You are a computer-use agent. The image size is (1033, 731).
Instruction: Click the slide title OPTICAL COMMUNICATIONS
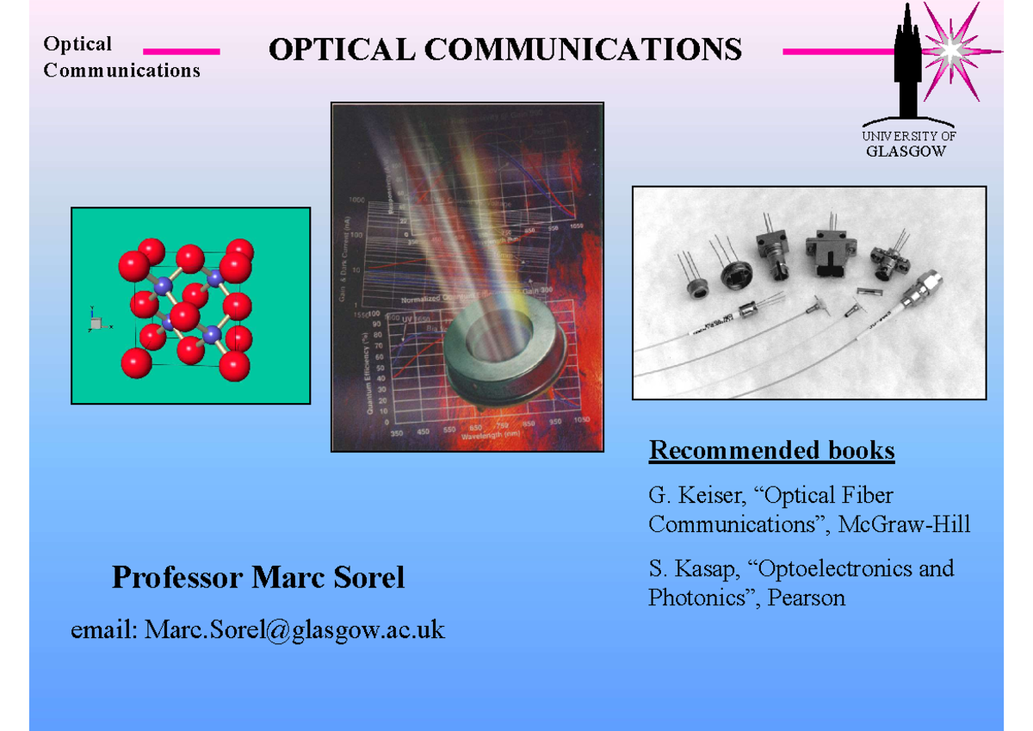pos(504,49)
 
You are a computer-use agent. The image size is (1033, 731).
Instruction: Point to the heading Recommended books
pos(771,450)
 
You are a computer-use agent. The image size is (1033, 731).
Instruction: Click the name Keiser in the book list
pos(703,496)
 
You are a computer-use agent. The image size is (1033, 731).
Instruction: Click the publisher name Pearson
pos(808,598)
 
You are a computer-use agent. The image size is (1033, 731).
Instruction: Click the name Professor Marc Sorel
pos(257,577)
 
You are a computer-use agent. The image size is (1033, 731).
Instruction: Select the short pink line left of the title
pos(181,52)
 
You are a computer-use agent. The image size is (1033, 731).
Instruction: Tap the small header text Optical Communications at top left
pos(121,57)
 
